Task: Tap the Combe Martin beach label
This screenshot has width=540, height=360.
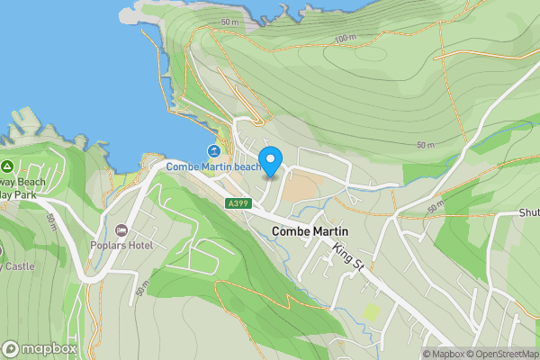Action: tap(213, 166)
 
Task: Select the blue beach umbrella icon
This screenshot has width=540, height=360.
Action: tap(213, 150)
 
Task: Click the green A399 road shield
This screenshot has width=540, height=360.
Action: tap(238, 204)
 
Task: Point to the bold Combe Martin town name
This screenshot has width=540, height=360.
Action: tap(308, 231)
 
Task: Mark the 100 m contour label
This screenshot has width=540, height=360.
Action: tap(344, 39)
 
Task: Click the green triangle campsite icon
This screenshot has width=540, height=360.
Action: tap(7, 166)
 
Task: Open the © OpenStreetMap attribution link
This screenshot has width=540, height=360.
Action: tap(501, 354)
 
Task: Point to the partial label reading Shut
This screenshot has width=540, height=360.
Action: tap(528, 213)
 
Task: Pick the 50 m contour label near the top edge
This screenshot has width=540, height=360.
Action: tap(229, 22)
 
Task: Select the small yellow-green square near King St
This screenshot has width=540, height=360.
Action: tap(370, 311)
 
